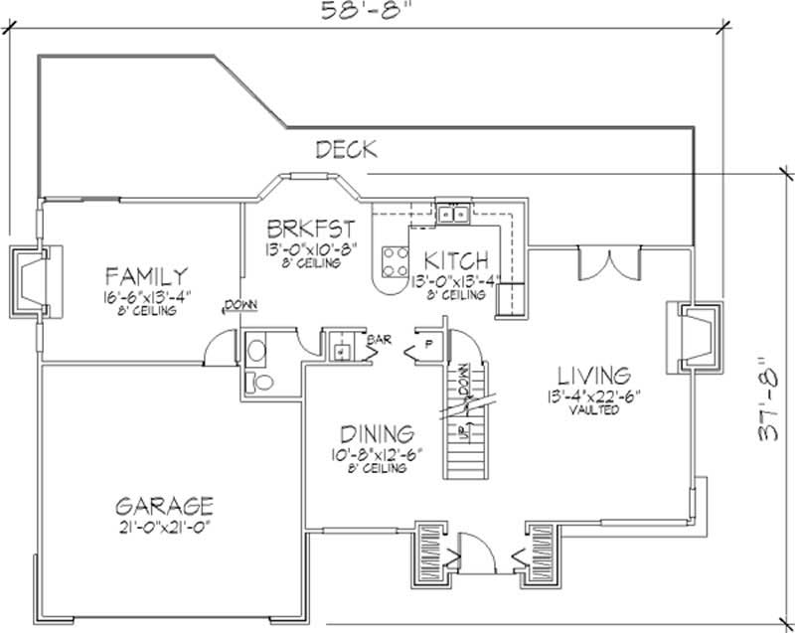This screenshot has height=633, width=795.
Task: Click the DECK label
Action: (346, 150)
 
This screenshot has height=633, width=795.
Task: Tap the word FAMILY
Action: (148, 275)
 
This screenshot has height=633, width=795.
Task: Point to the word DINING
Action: (376, 434)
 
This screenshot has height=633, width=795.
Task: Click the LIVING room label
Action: (593, 376)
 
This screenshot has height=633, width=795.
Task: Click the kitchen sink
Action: (453, 213)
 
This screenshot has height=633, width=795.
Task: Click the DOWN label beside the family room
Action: (239, 305)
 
